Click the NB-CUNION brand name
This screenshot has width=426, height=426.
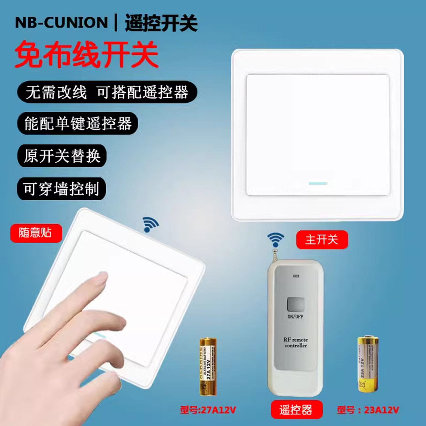61,23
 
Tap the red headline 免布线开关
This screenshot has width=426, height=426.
86,54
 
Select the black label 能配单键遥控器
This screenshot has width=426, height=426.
78,123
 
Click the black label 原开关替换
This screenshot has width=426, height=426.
62,156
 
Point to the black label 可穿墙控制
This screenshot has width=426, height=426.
61,189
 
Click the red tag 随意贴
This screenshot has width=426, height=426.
36,233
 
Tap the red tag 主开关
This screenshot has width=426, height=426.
322,239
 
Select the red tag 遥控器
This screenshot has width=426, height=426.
296,410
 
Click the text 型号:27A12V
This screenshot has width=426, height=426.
208,410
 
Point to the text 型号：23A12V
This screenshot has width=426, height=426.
368,410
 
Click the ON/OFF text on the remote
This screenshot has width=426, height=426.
295,317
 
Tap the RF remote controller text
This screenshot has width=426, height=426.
296,343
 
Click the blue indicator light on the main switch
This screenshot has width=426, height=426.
318,183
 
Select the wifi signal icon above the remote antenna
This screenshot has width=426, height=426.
276,239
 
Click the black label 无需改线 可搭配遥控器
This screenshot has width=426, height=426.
107,92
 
